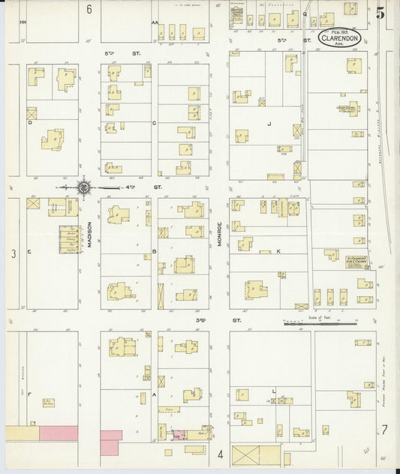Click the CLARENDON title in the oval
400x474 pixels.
(341, 37)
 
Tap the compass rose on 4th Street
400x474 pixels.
(84, 187)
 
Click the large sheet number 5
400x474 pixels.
(381, 13)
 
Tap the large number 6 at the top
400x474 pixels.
(89, 10)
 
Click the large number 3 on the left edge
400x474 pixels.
(13, 253)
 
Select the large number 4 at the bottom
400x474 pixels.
(221, 454)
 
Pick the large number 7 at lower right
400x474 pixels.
(383, 429)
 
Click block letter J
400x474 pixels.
(268, 122)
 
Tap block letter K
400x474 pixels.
(278, 251)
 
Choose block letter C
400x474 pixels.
(153, 122)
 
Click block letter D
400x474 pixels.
(30, 121)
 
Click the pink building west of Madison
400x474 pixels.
(58, 433)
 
